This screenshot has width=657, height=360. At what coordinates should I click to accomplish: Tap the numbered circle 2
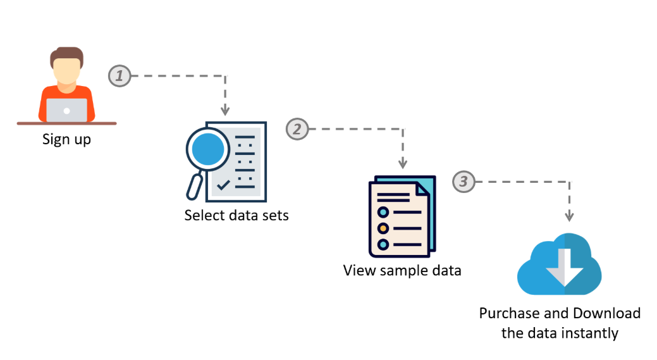coord(297,129)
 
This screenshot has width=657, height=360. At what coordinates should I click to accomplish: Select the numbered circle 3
coord(464,182)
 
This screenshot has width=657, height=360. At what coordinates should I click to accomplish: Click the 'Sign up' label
coord(66,139)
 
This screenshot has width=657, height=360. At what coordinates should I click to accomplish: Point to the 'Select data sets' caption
coord(236,215)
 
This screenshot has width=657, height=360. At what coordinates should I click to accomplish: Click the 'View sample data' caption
coord(402,271)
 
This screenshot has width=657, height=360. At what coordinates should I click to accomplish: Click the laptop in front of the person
coord(66,110)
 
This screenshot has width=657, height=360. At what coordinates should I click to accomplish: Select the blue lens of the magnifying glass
coord(209,150)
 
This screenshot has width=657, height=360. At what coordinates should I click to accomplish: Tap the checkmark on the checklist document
coord(223,185)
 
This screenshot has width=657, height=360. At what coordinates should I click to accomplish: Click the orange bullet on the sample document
coord(383,228)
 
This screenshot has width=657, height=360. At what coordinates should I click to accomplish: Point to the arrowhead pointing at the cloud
coord(569,216)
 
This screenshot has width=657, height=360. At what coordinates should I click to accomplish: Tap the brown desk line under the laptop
coord(66,123)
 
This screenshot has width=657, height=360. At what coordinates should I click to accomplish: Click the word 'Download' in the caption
coord(606,313)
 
